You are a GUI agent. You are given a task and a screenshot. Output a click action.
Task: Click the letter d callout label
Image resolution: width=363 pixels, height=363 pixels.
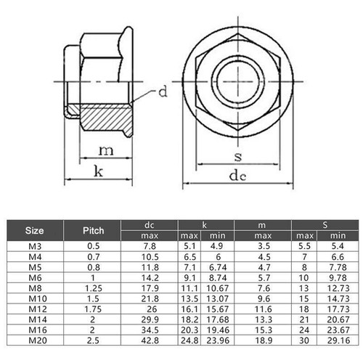[x=163, y=92]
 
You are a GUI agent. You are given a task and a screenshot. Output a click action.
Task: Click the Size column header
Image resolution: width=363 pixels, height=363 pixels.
[x=34, y=230]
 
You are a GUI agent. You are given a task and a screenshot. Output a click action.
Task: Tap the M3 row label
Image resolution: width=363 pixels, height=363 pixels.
[x=34, y=245]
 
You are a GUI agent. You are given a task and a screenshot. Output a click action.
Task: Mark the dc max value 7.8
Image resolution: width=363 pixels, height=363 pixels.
[x=150, y=245]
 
